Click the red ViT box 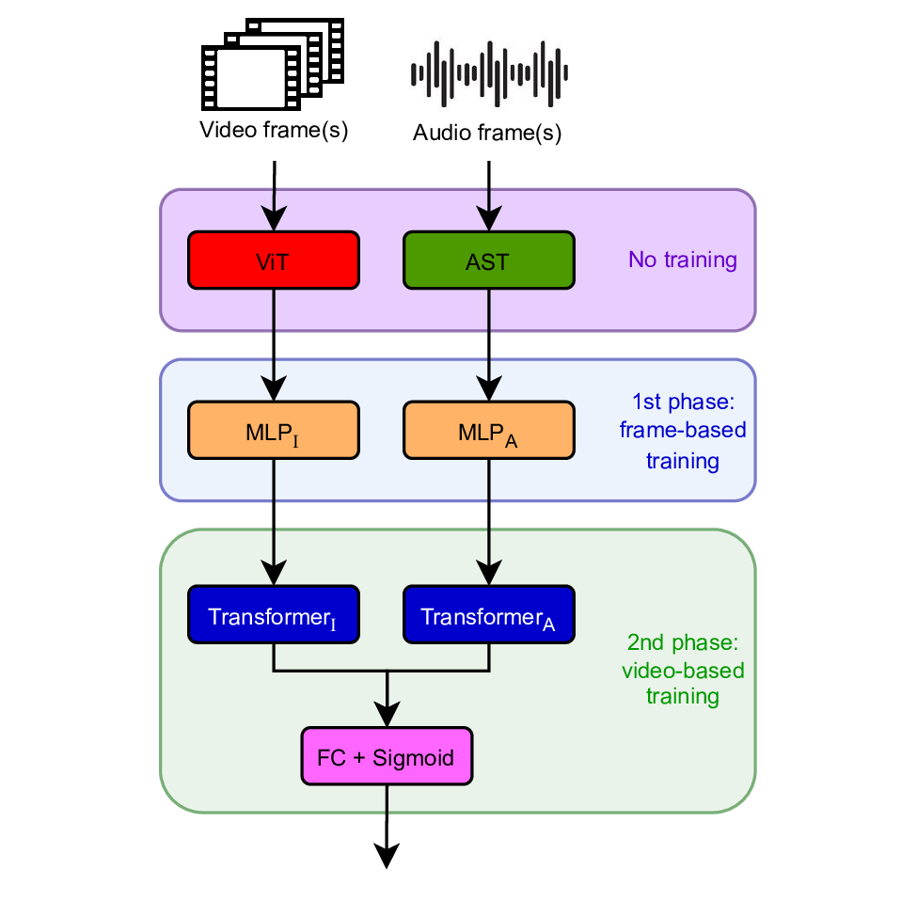[273, 260]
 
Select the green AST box [488, 260]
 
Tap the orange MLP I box [273, 430]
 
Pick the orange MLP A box [488, 430]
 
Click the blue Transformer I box [273, 616]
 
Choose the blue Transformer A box [488, 616]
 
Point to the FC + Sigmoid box [387, 756]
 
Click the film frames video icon [273, 65]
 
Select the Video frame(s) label [274, 130]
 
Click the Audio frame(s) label [487, 133]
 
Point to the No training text [683, 261]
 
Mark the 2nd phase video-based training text [683, 671]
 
